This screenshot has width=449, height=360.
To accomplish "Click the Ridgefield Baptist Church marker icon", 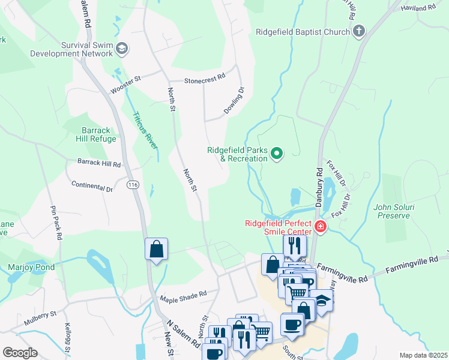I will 359,31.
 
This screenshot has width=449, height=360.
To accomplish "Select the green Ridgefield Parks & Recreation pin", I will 277,154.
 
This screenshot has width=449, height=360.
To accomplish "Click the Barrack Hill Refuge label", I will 90,134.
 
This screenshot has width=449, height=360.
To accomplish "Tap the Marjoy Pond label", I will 31,267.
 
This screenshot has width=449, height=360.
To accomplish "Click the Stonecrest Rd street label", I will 204,78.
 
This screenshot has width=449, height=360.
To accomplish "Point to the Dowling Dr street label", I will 235,101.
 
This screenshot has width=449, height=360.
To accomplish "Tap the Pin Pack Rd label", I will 56,223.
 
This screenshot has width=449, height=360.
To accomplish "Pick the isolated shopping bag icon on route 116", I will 156,249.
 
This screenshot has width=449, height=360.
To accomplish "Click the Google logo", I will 20,352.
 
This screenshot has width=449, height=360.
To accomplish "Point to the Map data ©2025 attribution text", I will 423,355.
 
